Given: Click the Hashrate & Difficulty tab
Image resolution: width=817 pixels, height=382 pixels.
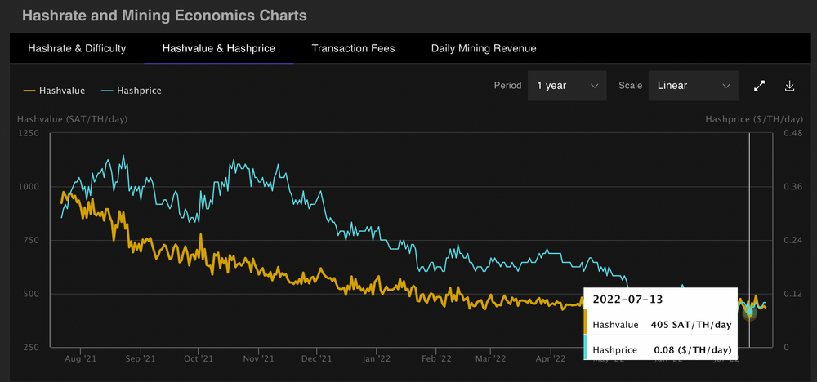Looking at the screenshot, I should pos(77,48).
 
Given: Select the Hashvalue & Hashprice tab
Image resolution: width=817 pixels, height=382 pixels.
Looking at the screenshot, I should pos(218,48).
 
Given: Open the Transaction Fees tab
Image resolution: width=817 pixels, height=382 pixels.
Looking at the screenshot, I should pos(353,48).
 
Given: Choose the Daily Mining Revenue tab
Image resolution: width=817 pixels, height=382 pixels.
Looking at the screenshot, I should pos(484,48).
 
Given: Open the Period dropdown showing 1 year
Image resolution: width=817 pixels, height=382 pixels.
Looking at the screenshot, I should pos(567,86).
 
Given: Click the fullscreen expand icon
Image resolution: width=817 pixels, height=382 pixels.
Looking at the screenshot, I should pos(759,86).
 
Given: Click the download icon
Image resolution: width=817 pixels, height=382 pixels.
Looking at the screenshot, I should pos(790,86).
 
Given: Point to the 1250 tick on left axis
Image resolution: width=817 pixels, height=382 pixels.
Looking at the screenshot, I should pos(29,133).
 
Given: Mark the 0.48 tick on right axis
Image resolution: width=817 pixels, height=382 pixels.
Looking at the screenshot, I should pos(793,133).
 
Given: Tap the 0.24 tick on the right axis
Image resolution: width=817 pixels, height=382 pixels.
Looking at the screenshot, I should pos(793,241).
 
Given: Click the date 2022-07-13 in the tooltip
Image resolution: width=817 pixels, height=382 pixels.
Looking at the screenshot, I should pos(622,300).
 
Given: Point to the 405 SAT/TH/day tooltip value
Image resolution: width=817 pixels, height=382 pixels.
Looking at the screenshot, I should pos(690,324).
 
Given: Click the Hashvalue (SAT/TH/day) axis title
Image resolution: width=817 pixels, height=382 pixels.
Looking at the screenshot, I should pos(73,119).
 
